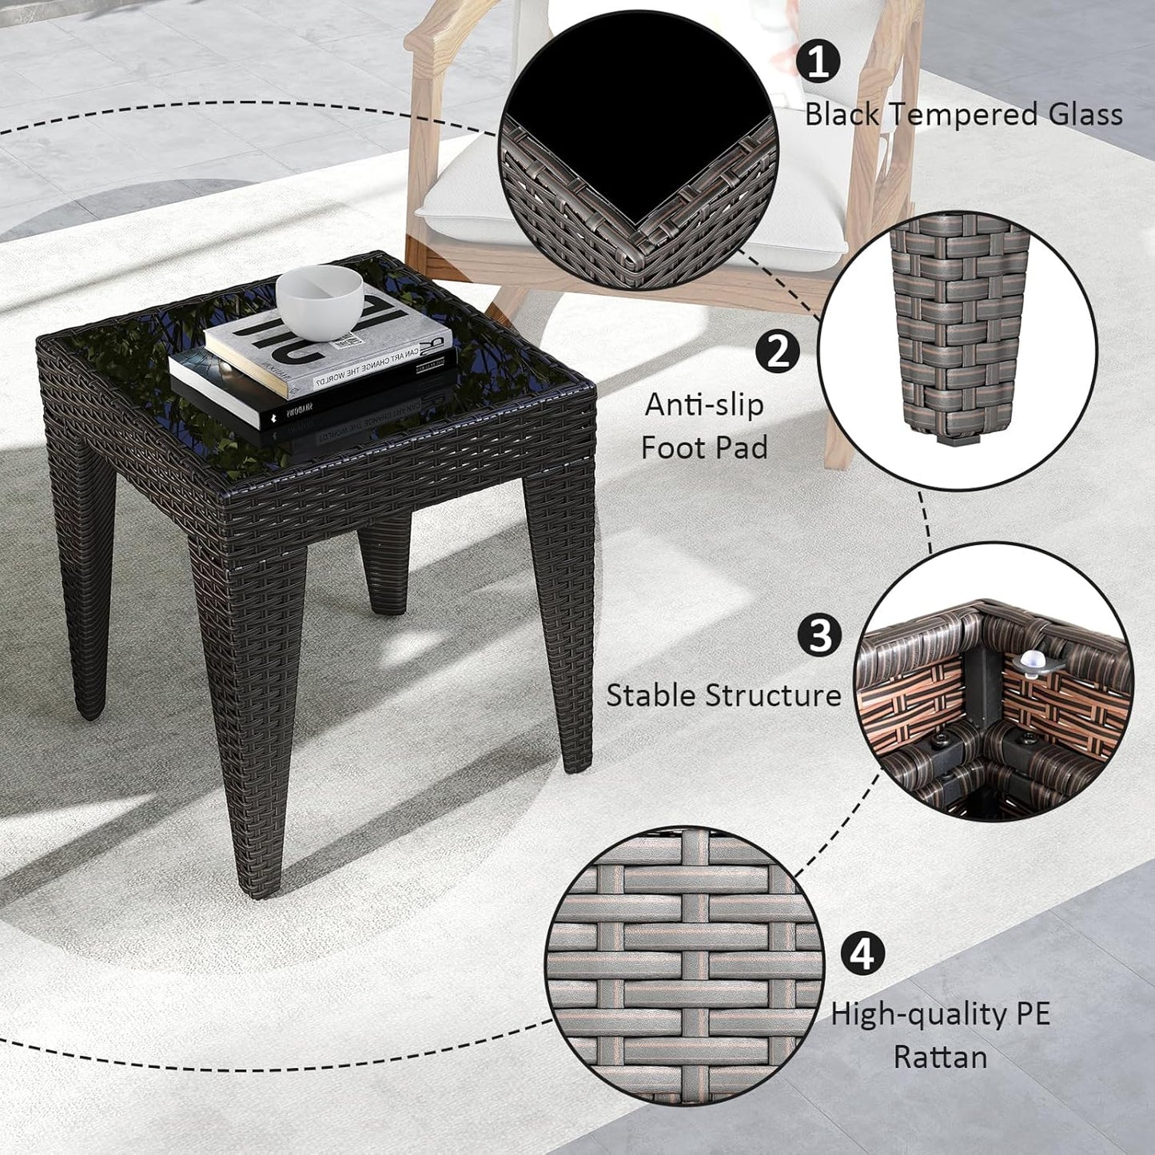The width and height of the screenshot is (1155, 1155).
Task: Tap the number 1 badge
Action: pos(818,61)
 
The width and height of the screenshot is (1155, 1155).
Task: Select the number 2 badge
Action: pos(777,352)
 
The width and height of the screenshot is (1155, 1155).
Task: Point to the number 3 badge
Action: pos(819,635)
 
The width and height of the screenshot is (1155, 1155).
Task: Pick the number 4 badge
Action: pos(862,954)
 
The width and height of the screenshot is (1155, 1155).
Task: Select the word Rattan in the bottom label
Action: pos(940,1057)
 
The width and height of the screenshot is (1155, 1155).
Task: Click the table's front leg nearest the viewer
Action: pos(252,719)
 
